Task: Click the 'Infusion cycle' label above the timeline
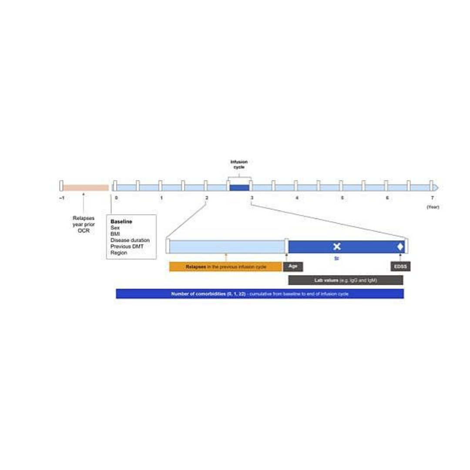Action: [x=239, y=164]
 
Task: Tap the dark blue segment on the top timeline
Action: [x=239, y=188]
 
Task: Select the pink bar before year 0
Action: [x=86, y=188]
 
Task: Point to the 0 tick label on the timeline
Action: [x=116, y=198]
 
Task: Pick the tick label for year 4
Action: [x=297, y=198]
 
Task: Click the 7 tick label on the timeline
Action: [x=432, y=198]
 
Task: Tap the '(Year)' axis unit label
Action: [x=433, y=207]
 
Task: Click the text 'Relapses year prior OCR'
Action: [x=83, y=224]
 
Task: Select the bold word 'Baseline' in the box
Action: [x=121, y=222]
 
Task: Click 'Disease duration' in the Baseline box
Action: [x=130, y=240]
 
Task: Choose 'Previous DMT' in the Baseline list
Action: [x=127, y=246]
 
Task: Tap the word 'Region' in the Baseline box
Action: [x=119, y=252]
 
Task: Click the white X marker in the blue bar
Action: [x=337, y=247]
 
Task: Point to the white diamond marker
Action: [x=400, y=247]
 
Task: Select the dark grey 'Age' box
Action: [x=293, y=267]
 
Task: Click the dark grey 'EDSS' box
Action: [x=400, y=267]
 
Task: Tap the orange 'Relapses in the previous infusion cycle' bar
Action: [x=225, y=267]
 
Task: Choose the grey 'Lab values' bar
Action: [x=346, y=280]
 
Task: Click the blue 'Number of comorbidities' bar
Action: [x=260, y=294]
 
